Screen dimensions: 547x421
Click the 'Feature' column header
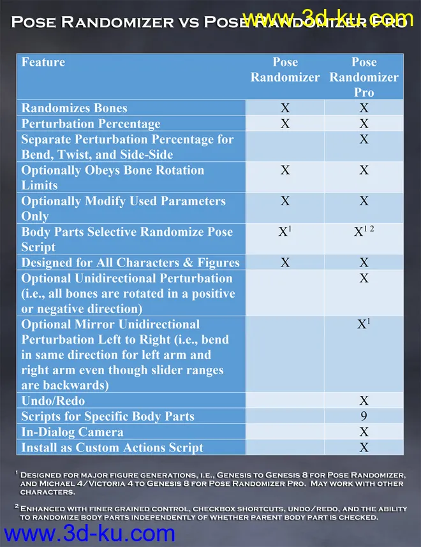[43, 62]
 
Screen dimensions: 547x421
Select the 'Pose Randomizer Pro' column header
[364, 77]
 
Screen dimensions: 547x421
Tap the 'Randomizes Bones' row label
[74, 108]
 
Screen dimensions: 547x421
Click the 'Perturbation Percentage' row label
[91, 123]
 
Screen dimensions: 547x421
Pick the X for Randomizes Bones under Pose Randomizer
[285, 108]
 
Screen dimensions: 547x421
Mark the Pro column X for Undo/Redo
[364, 400]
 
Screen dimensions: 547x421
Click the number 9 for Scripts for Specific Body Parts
[364, 416]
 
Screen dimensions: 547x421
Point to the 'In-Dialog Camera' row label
[72, 432]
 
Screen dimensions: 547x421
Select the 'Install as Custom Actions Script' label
[112, 447]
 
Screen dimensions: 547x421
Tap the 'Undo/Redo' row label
[53, 400]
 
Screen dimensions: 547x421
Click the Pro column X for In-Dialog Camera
[364, 432]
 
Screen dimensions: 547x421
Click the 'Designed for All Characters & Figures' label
[130, 262]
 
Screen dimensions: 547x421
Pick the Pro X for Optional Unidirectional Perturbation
[364, 278]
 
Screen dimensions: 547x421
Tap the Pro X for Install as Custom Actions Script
[364, 447]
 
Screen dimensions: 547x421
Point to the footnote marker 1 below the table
[16, 474]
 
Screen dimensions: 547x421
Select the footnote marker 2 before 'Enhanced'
[16, 506]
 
